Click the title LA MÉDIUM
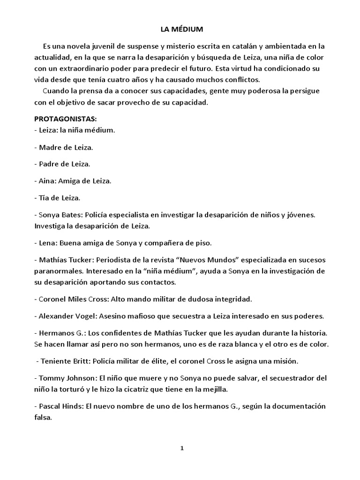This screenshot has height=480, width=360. point(182,30)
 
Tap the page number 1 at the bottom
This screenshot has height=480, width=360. point(182,448)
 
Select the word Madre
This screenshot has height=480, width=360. point(50,147)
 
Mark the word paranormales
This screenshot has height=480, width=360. point(57,271)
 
